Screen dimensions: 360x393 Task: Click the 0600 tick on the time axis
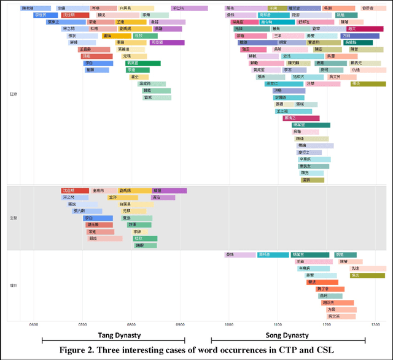(33, 324)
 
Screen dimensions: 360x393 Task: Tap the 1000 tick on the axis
(228, 324)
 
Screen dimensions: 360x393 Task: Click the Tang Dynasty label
(113, 335)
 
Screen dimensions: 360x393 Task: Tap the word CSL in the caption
(324, 350)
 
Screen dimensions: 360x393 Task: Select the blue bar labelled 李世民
(45, 15)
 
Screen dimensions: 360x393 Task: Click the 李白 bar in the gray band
(98, 218)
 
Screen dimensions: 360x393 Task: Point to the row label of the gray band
(13, 218)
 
